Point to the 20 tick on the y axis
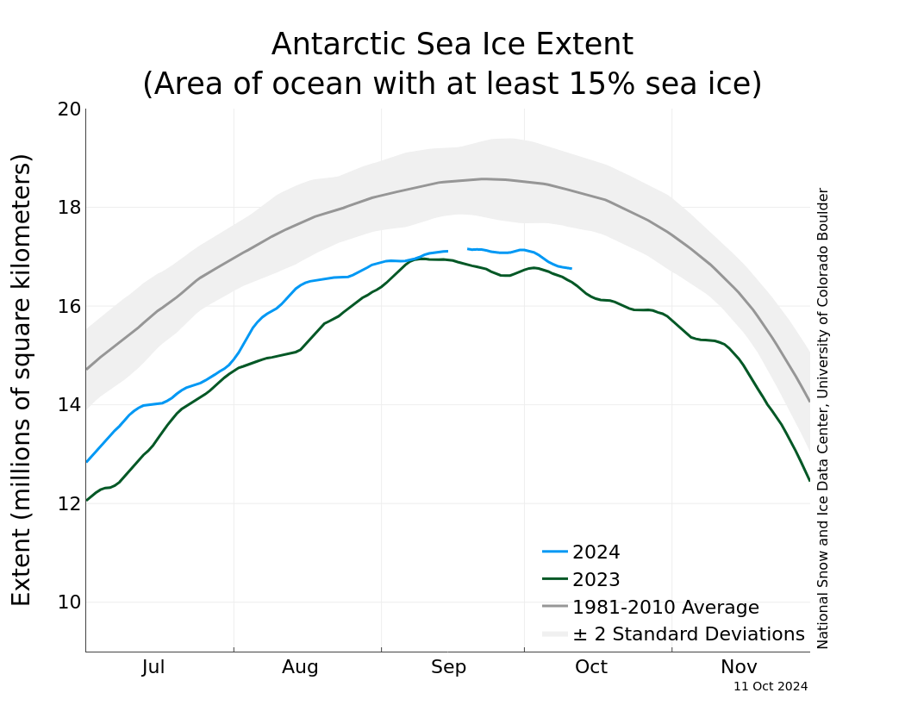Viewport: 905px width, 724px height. [69, 109]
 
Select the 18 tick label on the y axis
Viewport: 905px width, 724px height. [69, 208]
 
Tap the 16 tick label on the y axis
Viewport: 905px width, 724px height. [69, 307]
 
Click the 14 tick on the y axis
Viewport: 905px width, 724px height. [69, 405]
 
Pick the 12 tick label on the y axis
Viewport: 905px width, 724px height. [69, 503]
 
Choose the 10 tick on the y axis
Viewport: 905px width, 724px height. [69, 602]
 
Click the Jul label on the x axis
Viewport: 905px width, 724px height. [153, 667]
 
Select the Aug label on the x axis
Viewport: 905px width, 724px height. [300, 667]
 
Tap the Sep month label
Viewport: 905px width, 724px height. [448, 667]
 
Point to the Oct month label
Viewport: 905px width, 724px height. [591, 667]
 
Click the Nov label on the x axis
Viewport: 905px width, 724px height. [739, 667]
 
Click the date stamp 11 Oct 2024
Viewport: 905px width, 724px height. [771, 687]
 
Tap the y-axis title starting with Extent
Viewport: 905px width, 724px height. [22, 379]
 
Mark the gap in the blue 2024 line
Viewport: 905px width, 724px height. [458, 250]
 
